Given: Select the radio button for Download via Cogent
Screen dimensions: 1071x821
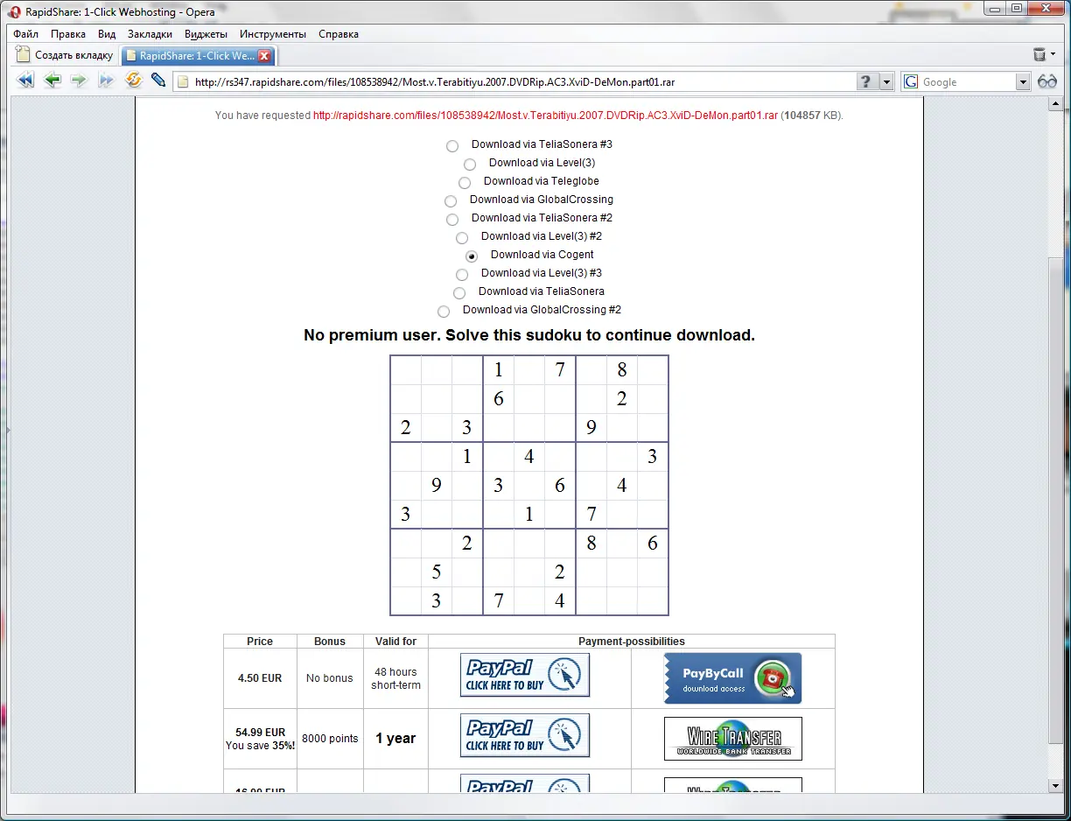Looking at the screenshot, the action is [471, 256].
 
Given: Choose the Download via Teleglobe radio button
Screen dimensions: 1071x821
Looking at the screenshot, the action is [465, 183].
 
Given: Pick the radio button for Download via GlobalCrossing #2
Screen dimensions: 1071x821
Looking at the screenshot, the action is [444, 312].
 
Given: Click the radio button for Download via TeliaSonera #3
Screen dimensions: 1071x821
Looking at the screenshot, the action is [452, 146].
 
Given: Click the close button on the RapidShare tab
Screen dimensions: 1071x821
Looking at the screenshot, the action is [264, 56].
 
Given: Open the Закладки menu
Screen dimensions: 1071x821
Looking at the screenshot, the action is [150, 34].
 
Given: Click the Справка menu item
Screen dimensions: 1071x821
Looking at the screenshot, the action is [338, 34].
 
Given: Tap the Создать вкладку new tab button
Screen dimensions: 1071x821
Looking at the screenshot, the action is [65, 55].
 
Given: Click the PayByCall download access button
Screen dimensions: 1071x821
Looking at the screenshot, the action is [732, 678].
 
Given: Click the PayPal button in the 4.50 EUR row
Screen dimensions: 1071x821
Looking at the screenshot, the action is [524, 675].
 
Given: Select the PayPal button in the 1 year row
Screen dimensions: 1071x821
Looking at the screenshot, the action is [524, 734].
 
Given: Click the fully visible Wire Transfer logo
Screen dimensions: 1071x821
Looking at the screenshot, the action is [733, 739].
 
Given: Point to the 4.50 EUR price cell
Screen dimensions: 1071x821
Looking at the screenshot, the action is [260, 678].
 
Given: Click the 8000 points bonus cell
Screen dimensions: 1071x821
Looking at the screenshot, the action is [330, 738].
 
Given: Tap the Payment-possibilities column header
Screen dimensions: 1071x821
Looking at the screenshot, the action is [632, 641].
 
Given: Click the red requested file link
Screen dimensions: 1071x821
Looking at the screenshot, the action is [545, 116].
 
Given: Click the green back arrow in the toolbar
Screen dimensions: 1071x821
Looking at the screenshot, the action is [52, 80].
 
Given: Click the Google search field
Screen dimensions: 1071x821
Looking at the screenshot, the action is [968, 81].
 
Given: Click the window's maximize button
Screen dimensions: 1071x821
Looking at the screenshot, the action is [1016, 9].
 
